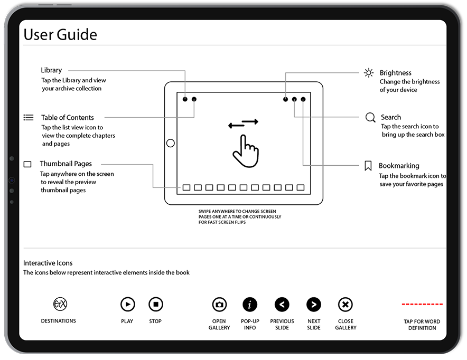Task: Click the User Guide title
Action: point(60,35)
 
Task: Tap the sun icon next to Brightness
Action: point(369,73)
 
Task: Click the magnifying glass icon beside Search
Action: point(370,117)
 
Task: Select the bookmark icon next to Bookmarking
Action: point(368,166)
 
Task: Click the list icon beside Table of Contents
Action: point(29,117)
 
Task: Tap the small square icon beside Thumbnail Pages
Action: point(27,165)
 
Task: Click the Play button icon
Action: point(127,304)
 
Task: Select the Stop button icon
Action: point(155,304)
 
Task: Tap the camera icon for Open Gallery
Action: point(219,305)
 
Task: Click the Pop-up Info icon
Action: point(250,305)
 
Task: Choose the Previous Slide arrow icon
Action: point(282,305)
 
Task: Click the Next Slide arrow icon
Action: point(314,305)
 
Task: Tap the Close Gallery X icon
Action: point(345,305)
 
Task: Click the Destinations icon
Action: point(60,304)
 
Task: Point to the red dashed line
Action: point(422,305)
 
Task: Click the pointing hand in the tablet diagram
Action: point(245,151)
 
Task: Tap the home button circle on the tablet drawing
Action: point(170,143)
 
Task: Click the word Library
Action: point(51,70)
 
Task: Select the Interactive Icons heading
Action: point(48,263)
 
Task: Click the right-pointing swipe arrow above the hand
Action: point(250,122)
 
